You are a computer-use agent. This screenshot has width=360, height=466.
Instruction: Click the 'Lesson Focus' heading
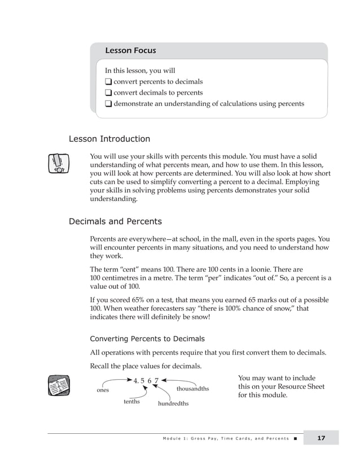[x=130, y=51]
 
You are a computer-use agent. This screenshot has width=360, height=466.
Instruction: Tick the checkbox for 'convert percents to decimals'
[x=108, y=82]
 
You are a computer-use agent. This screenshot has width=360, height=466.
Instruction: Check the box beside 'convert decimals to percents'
[x=108, y=93]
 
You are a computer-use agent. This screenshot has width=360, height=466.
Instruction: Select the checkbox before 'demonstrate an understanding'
[x=108, y=104]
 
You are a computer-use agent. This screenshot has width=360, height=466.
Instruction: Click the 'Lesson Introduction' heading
[x=109, y=139]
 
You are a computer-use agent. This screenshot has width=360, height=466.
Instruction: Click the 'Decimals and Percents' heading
[x=115, y=222]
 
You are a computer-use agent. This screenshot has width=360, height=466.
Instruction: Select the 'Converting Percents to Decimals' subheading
[x=147, y=339]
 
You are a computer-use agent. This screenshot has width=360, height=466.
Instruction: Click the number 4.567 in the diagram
[x=146, y=380]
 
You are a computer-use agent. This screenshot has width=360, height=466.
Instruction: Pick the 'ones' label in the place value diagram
[x=103, y=390]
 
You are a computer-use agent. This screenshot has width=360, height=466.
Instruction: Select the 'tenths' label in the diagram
[x=131, y=402]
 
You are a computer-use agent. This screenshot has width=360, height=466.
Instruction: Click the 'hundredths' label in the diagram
[x=173, y=404]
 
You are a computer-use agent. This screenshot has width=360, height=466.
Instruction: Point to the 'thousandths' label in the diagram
[x=192, y=389]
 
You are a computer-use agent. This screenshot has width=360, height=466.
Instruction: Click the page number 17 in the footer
[x=321, y=438]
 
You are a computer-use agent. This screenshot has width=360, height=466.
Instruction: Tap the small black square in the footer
[x=295, y=438]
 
